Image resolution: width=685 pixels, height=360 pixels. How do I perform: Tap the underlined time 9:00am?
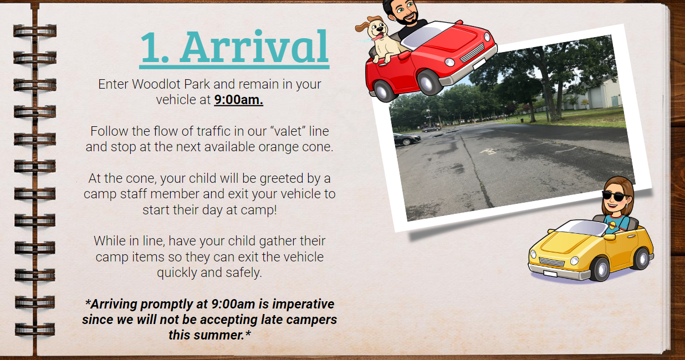[x=238, y=100]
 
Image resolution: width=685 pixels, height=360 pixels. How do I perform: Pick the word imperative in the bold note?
[x=303, y=305]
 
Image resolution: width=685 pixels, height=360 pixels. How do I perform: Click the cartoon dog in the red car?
[x=379, y=38]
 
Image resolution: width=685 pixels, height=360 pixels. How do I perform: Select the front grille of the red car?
[x=473, y=53]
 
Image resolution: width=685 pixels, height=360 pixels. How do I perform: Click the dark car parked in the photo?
[x=407, y=140]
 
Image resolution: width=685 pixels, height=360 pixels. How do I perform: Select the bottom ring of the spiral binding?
[x=35, y=330]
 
